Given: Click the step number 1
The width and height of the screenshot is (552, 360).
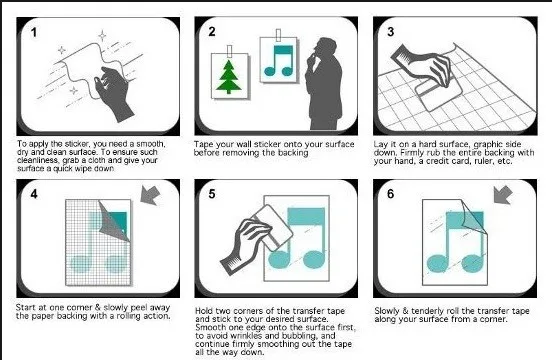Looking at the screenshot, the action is point(33,33).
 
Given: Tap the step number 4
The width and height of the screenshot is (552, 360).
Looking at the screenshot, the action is point(34,194).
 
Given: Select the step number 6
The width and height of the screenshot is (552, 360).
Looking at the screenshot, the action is point(390,194).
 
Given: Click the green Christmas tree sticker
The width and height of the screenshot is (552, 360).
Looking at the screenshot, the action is point(229,77).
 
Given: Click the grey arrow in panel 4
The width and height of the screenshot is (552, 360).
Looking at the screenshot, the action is point(150,195).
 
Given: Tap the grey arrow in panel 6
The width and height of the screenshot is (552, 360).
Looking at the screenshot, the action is point(503,194).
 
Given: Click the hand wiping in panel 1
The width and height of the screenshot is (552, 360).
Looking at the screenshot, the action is point(113,92).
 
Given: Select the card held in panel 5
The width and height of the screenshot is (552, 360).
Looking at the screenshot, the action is point(273,227).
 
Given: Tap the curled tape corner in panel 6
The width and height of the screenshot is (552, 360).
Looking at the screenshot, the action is point(472,217).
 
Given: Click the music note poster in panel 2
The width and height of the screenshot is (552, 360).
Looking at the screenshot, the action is point(278,60).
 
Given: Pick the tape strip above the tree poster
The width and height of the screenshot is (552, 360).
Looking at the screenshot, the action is point(230,51).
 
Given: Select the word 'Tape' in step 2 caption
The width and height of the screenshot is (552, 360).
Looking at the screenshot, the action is point(201,145).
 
